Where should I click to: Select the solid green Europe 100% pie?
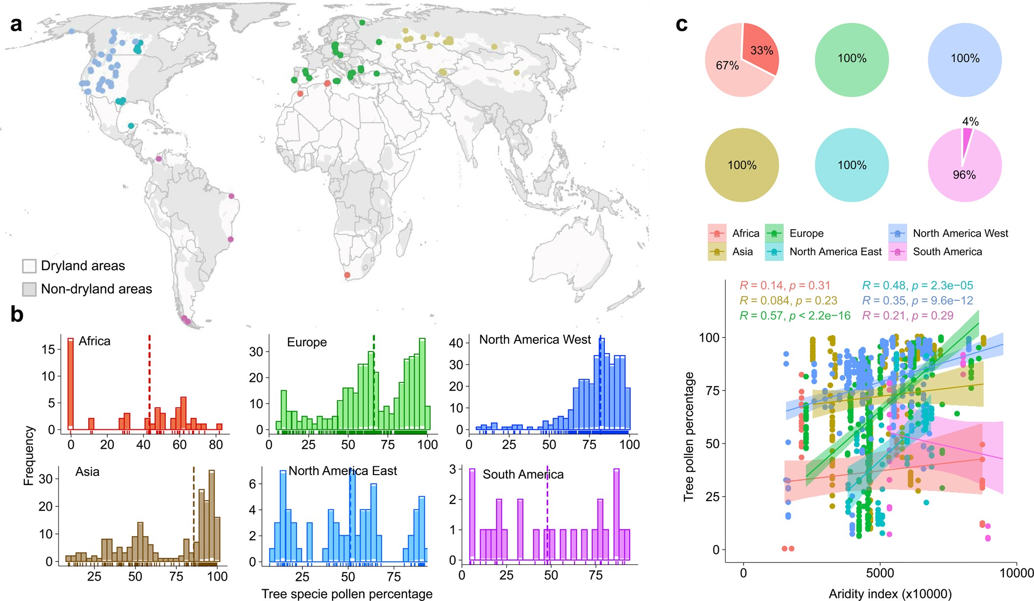(852, 59)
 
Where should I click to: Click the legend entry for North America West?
(960, 233)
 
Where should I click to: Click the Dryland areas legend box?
(29, 266)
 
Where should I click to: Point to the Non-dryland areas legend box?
(29, 289)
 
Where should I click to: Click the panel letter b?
(17, 315)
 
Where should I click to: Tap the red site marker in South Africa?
(347, 275)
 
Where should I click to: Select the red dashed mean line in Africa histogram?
(149, 381)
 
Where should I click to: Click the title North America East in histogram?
(342, 471)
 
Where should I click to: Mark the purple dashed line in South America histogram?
(547, 512)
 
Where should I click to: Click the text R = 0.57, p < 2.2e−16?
(795, 316)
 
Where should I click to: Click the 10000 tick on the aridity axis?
(1016, 573)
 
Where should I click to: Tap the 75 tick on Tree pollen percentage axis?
(713, 391)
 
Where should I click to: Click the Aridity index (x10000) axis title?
(890, 594)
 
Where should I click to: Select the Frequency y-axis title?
(29, 456)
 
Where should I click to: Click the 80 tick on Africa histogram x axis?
(216, 444)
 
